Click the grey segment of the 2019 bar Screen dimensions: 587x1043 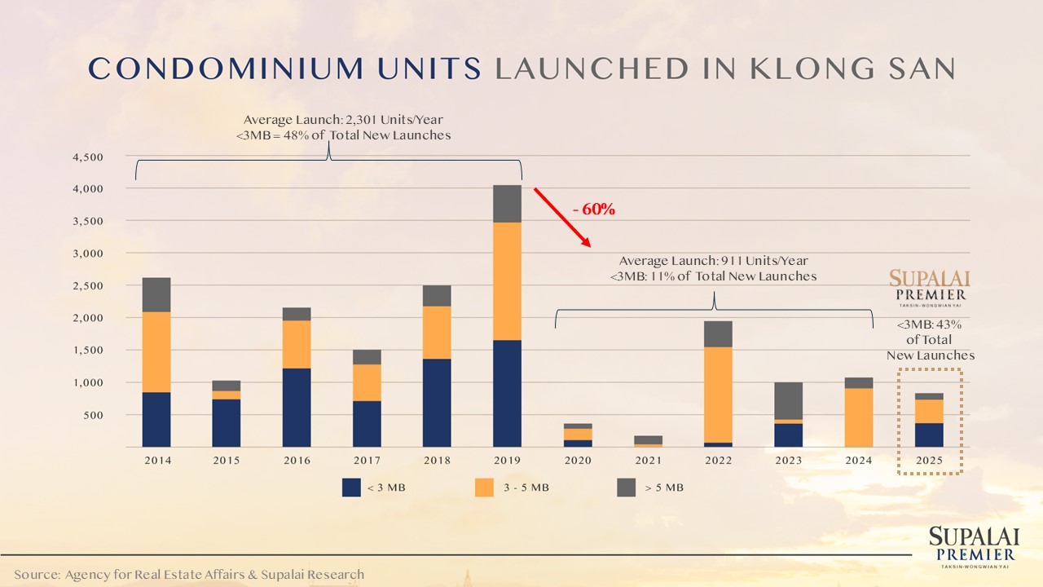point(507,203)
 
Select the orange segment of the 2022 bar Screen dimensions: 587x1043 point(718,395)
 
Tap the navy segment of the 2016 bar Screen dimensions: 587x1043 point(297,408)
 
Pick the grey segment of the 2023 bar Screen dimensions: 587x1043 point(788,400)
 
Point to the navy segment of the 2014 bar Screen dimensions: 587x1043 point(156,419)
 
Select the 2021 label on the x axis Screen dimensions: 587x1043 point(648,461)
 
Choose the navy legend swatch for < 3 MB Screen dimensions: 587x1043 point(351,488)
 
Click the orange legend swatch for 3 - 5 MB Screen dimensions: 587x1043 point(484,488)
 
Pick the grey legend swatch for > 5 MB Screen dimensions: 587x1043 point(626,488)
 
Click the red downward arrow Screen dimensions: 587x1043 point(562,217)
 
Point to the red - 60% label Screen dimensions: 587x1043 point(594,210)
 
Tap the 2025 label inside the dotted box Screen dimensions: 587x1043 point(929,461)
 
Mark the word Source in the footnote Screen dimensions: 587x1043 point(34,575)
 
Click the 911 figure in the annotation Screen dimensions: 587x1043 point(731,261)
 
